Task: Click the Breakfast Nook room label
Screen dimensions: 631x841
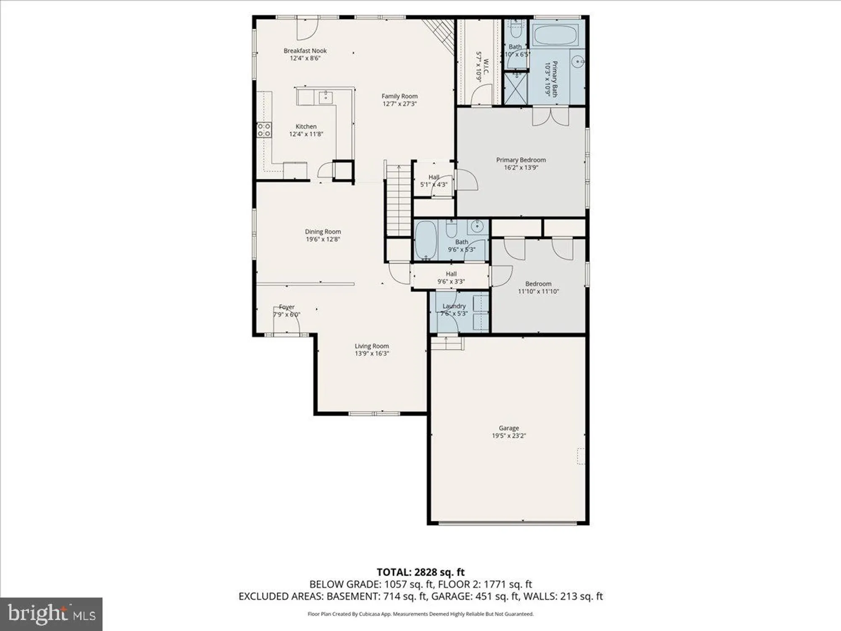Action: coord(305,50)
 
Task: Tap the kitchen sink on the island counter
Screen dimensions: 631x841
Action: coord(325,98)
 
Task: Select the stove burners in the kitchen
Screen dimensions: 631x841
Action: coord(264,130)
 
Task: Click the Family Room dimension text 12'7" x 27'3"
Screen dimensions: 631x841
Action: coord(399,104)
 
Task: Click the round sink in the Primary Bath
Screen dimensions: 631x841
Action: coord(578,62)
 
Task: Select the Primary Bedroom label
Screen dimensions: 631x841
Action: coord(521,160)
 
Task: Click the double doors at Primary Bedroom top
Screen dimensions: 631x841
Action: coord(551,117)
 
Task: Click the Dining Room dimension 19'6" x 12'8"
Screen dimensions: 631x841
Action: coord(323,239)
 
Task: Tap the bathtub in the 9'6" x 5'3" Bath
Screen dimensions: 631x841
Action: coord(426,240)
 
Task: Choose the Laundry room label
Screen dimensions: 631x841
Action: coord(454,306)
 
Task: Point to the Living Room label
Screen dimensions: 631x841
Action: coord(372,346)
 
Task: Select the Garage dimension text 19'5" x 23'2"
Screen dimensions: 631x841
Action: coord(509,436)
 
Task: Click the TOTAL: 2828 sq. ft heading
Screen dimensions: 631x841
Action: coord(420,572)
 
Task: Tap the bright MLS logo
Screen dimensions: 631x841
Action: coord(51,614)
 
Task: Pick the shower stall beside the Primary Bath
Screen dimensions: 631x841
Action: coord(515,88)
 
